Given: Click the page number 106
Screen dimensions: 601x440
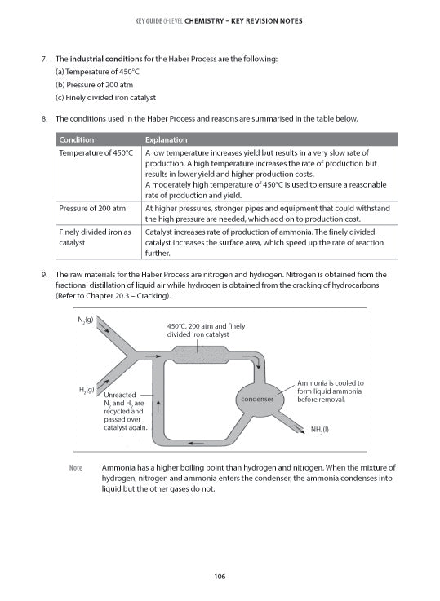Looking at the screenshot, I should [220, 577].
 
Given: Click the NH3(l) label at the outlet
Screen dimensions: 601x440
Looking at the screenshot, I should [320, 429].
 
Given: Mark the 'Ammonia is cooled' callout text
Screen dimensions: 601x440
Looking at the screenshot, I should [331, 391].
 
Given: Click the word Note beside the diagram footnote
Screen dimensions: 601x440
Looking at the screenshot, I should [77, 468].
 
